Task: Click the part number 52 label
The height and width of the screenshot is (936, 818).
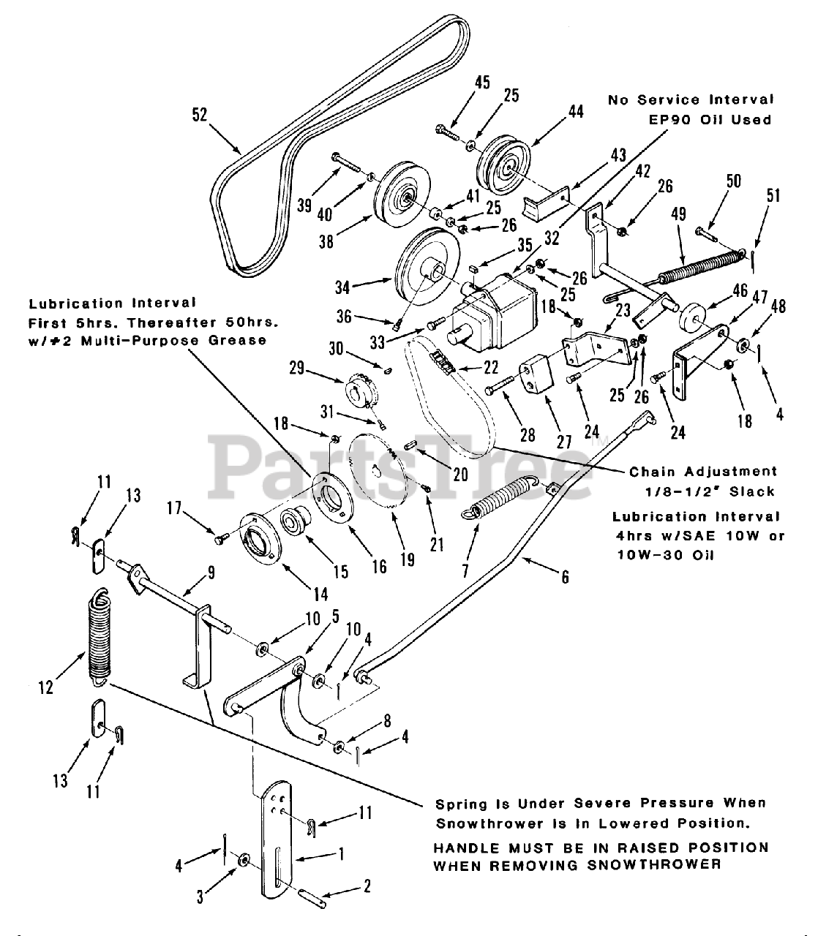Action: point(199,115)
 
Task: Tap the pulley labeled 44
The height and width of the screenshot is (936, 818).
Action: point(503,169)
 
